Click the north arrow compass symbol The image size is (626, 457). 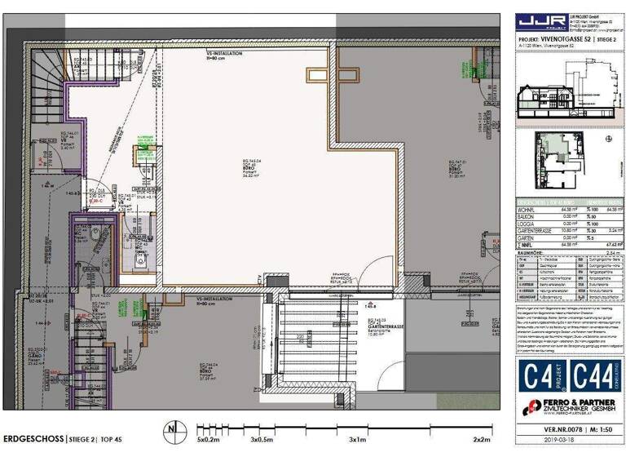coord(172,426)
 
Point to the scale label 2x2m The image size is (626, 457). coord(483,439)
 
